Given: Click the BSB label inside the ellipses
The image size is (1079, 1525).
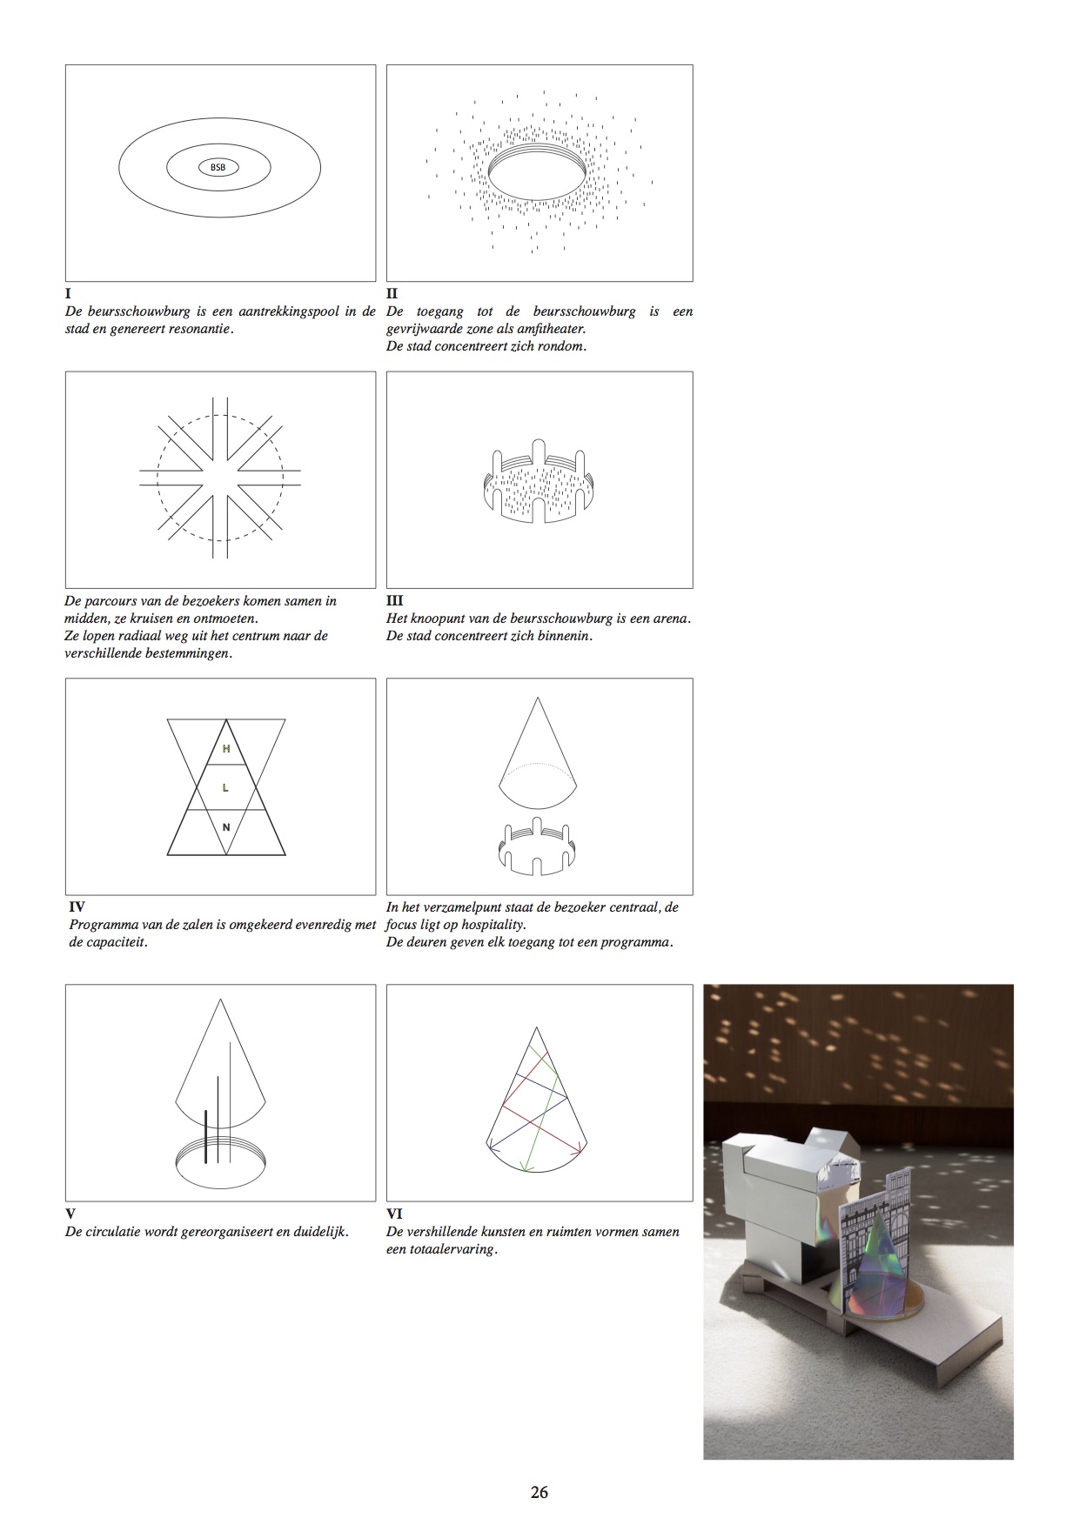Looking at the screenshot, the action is coord(218,167).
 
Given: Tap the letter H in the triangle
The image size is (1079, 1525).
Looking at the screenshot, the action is coord(226,748).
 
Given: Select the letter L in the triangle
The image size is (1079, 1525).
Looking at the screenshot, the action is coord(226,787).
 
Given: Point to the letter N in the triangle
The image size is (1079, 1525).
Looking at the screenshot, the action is coord(226,827).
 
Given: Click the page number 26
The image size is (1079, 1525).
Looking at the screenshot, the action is coord(539,1492).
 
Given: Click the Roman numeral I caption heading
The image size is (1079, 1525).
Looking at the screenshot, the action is coord(68,294).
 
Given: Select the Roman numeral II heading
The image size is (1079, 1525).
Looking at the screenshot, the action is coord(392,294).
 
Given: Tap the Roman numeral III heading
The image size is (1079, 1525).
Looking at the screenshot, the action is coord(394,600).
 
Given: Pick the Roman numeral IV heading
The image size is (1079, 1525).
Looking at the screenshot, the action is coord(77,906).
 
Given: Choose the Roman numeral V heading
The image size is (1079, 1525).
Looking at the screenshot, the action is coord(70,1214).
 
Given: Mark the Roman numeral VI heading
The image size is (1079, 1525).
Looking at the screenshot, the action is coord(394,1214).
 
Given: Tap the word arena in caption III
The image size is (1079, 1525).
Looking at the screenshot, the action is coord(672,619).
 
